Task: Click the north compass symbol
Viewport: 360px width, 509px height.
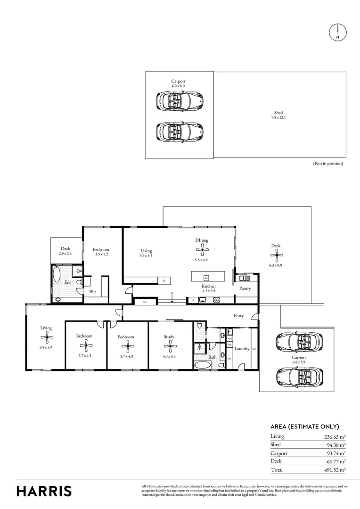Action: (x=337, y=32)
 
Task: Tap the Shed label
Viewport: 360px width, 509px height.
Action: (x=278, y=113)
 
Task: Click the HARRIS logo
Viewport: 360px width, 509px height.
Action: (x=44, y=491)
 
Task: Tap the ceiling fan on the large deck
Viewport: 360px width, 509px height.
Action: (x=276, y=256)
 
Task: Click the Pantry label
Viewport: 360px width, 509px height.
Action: (x=245, y=288)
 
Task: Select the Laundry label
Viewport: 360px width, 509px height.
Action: (x=241, y=349)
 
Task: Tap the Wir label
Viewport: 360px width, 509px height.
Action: (x=93, y=292)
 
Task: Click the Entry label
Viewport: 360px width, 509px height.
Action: (x=238, y=316)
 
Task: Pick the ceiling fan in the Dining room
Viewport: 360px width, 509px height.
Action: (x=202, y=250)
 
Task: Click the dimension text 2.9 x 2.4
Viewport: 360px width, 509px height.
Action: (x=65, y=254)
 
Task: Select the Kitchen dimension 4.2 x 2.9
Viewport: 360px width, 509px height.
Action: (x=209, y=291)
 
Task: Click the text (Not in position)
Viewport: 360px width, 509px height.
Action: (x=328, y=164)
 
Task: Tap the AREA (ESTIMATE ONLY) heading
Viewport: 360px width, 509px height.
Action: (x=304, y=426)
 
